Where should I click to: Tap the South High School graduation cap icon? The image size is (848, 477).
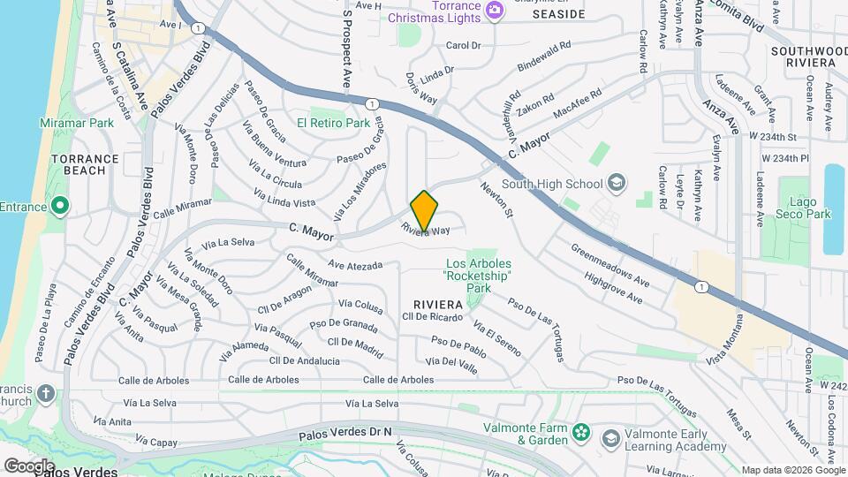pos(616,184)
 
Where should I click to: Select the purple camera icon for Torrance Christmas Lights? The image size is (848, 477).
pos(494,9)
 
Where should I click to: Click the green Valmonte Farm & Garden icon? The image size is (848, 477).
pos(580,432)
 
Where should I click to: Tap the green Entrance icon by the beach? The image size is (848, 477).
pos(59,207)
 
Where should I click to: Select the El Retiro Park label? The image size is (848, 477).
pos(333,123)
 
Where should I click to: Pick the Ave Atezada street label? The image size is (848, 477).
pos(355,265)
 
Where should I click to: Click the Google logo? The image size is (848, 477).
pos(29,466)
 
